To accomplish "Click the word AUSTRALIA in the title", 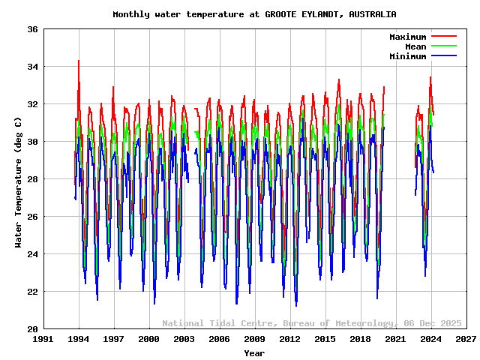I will coord(373,14).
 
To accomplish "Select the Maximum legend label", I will coord(407,37).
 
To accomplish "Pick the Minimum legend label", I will coord(407,56).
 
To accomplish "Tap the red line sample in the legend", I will coord(443,37).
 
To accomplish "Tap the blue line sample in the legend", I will coord(443,56).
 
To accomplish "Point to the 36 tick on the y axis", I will coord(33,29).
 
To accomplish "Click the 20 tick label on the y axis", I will coord(33,329).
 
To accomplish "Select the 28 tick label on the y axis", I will coord(33,179).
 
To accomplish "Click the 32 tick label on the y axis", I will coord(33,104).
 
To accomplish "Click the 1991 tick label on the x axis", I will coord(43,340).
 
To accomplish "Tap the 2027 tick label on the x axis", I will coord(466,340).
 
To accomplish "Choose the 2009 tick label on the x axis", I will coord(254,340).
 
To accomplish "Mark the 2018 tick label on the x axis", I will coord(360,340).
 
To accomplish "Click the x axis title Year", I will coord(254,353).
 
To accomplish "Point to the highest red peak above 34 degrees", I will coord(79,61).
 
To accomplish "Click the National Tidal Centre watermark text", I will coord(220,323).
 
